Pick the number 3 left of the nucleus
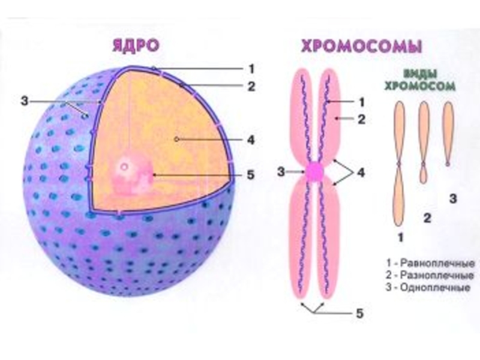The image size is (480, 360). tap(25, 101)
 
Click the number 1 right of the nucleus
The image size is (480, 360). tap(251, 67)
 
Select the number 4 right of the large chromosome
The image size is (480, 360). tap(361, 173)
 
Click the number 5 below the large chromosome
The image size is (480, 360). tap(359, 313)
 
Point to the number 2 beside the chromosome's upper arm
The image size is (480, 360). tap(361, 119)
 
